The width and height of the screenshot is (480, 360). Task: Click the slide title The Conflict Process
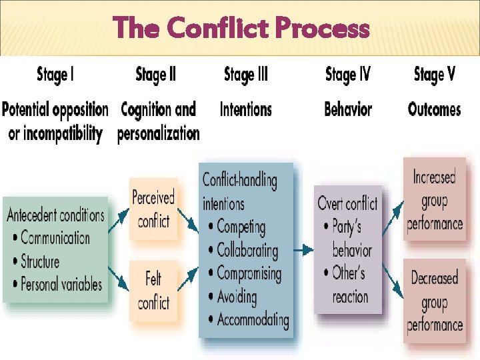pyautogui.click(x=241, y=28)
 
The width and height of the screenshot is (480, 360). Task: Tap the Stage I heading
pyautogui.click(x=55, y=74)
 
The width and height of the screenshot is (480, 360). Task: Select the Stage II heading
pyautogui.click(x=155, y=74)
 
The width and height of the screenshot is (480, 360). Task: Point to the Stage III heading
pyautogui.click(x=246, y=74)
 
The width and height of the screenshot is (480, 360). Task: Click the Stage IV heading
pyautogui.click(x=347, y=74)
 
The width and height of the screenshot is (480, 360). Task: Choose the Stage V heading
pyautogui.click(x=435, y=74)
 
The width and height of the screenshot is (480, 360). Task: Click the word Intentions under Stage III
pyautogui.click(x=246, y=109)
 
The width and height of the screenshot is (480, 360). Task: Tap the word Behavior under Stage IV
pyautogui.click(x=347, y=109)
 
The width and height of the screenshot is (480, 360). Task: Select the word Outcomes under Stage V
pyautogui.click(x=435, y=109)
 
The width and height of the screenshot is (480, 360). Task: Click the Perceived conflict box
pyautogui.click(x=153, y=209)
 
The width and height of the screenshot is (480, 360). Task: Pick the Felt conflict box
pyautogui.click(x=153, y=290)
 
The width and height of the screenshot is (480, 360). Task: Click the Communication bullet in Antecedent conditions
pyautogui.click(x=55, y=238)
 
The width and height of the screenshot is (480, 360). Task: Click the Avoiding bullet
pyautogui.click(x=239, y=297)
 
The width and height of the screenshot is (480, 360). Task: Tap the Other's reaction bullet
pyautogui.click(x=349, y=285)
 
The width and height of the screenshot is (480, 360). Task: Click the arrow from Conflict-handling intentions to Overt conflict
pyautogui.click(x=303, y=251)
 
